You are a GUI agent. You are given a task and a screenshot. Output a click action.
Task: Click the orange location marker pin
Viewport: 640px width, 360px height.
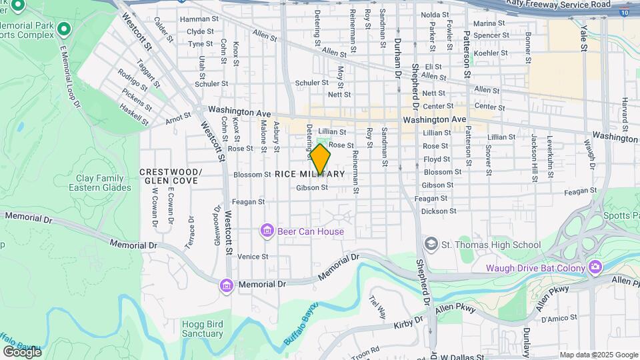[x=320, y=160]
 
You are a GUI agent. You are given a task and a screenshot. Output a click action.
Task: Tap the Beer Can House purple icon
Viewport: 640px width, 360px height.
[x=267, y=231]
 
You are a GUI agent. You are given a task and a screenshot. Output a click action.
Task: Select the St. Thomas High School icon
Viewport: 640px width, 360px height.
[x=431, y=245]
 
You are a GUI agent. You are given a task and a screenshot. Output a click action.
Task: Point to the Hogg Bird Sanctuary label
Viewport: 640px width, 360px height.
[x=202, y=328]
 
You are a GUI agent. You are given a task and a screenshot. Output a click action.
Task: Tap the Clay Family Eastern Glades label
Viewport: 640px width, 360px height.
[x=99, y=183]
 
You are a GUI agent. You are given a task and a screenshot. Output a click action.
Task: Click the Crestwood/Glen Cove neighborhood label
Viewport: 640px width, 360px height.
[x=169, y=176]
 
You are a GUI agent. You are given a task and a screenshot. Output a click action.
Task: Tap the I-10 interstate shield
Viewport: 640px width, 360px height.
[x=623, y=12]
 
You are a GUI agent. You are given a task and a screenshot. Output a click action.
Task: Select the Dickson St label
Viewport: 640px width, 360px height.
[x=439, y=211]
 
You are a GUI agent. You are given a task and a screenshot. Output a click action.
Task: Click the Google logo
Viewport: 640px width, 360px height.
[x=21, y=351]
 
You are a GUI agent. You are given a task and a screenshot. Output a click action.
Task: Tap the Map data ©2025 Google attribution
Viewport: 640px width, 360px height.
[x=598, y=355]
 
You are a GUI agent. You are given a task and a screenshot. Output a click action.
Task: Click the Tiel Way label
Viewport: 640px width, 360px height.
[x=377, y=307]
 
